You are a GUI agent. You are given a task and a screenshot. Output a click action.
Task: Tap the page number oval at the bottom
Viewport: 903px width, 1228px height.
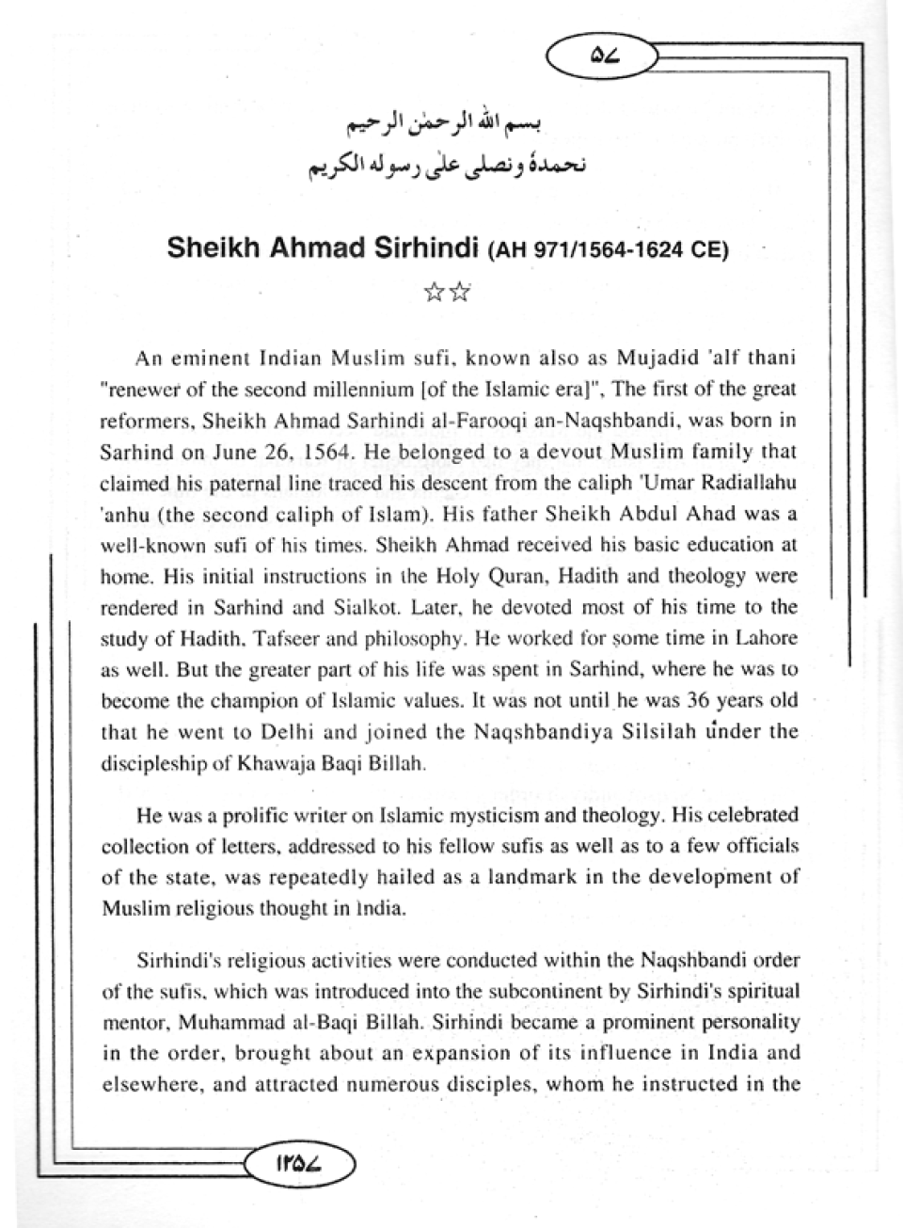(x=300, y=1161)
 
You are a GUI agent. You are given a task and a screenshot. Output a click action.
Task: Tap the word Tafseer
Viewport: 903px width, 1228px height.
(x=265, y=638)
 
